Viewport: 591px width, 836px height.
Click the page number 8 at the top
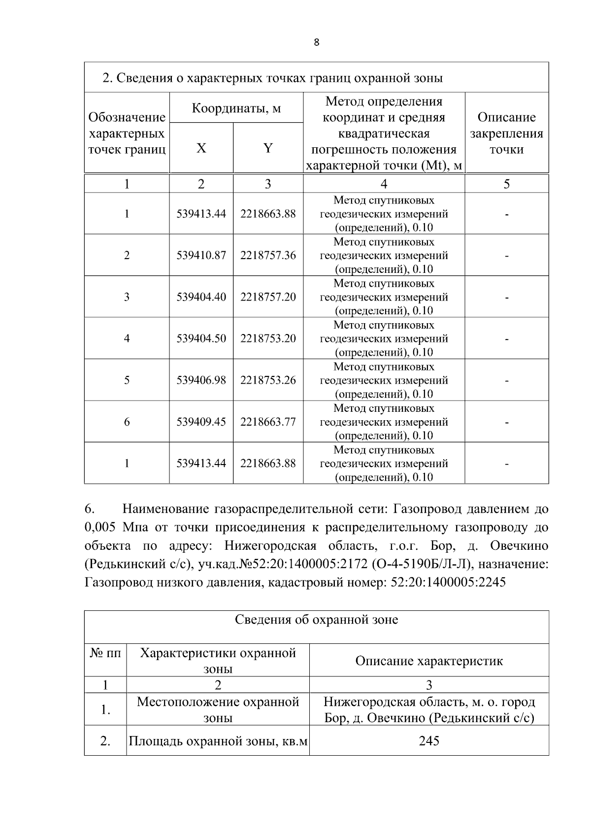click(316, 42)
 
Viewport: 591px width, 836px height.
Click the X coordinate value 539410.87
click(201, 255)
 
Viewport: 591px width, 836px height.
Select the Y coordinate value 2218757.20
click(268, 297)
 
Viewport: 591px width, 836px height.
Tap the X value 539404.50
click(201, 338)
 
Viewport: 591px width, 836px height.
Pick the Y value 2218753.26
click(268, 380)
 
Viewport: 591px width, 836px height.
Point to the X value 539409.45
click(201, 422)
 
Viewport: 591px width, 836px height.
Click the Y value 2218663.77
click(268, 422)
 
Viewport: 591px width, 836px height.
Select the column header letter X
click(201, 148)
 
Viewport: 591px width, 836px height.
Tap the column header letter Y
click(268, 148)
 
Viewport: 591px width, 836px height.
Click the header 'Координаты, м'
click(236, 108)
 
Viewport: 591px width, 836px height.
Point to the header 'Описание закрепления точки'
click(506, 133)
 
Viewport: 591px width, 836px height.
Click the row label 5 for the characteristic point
click(127, 380)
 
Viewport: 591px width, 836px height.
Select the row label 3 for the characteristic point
click(127, 297)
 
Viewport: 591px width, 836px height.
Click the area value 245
click(428, 740)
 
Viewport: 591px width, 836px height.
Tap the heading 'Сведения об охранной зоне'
click(316, 619)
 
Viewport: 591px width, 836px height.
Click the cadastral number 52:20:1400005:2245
click(448, 582)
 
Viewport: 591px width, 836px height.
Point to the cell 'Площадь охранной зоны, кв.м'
click(218, 740)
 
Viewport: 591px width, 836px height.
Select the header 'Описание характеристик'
click(428, 661)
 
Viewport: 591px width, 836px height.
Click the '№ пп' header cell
click(105, 653)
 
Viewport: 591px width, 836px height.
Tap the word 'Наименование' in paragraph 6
click(164, 508)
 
